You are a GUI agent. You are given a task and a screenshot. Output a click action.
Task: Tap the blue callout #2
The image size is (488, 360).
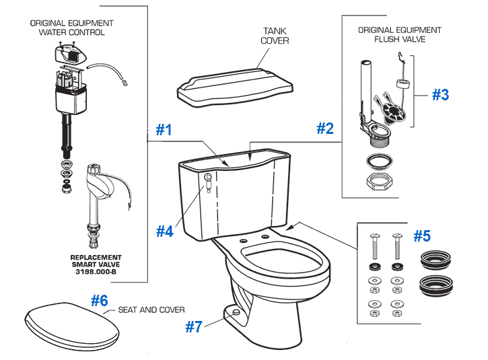325,128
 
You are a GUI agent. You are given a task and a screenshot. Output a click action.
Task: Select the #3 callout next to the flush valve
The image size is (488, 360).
440,95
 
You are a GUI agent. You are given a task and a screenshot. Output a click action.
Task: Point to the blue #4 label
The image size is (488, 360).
165,231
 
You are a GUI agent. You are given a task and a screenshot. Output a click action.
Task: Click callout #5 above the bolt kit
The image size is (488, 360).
421,236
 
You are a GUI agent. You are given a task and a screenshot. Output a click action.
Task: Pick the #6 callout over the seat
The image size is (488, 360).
99,301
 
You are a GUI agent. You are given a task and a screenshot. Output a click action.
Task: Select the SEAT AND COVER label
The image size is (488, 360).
151,310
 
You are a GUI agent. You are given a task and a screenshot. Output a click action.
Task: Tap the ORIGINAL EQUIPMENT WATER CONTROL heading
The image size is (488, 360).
71,28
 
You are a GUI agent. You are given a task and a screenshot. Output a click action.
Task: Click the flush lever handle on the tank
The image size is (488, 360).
207,180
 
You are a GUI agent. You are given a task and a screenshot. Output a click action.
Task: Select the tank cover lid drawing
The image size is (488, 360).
236,86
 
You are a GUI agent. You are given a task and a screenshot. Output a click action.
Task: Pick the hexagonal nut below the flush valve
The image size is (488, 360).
379,182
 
